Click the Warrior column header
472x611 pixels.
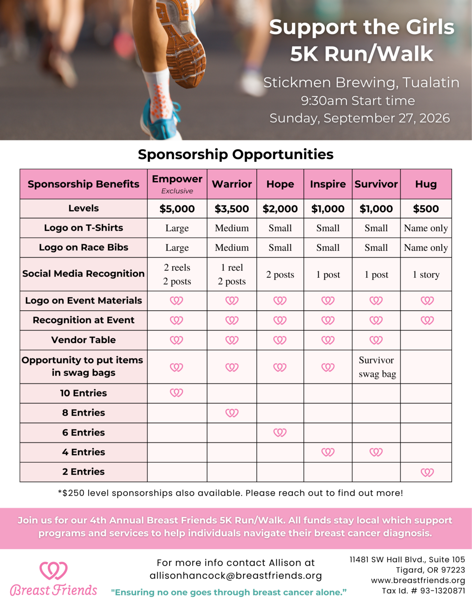232,184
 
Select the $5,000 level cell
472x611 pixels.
177,209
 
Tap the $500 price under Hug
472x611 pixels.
426,209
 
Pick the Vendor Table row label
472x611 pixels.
83,340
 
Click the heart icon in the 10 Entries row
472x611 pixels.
176,393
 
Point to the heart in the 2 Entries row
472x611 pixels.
427,472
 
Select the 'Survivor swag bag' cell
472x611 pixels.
377,367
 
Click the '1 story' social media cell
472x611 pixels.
426,274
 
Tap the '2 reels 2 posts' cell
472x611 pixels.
177,274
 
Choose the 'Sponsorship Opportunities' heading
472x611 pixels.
236,154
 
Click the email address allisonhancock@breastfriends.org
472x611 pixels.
236,576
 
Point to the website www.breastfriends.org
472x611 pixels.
418,580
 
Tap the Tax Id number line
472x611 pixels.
423,591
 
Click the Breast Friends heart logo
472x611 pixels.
53,570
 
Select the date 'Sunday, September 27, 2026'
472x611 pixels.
360,118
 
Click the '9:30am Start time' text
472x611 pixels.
358,101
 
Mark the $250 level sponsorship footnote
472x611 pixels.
230,493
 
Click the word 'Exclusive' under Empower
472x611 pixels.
177,191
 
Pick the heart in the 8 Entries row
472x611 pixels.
232,413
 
